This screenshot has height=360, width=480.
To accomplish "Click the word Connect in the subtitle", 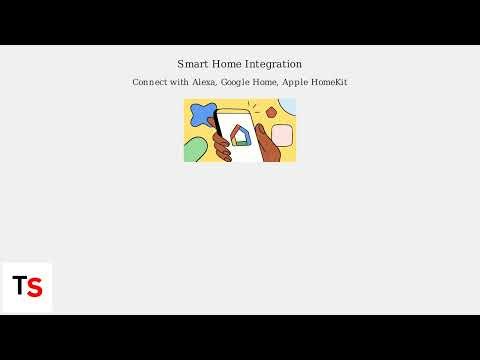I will point(149,82).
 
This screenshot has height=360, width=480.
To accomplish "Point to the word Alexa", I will point(203,82).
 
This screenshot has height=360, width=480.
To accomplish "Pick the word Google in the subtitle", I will point(236,82).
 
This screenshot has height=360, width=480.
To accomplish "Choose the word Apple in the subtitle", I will point(294,82).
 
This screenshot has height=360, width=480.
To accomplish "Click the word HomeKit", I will point(329,82).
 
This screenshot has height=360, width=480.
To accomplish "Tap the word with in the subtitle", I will point(178,82).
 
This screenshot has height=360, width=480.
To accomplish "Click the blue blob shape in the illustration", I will point(202,118).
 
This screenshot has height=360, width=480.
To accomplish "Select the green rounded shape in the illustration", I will point(194,151).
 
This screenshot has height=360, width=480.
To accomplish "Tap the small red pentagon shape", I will point(271,113).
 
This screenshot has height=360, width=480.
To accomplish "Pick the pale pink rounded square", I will point(282,135).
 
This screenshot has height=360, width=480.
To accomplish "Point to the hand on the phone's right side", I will point(267,146).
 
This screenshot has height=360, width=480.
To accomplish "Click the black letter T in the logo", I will point(19,286).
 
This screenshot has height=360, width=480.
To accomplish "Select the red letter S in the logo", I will point(35,287).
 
